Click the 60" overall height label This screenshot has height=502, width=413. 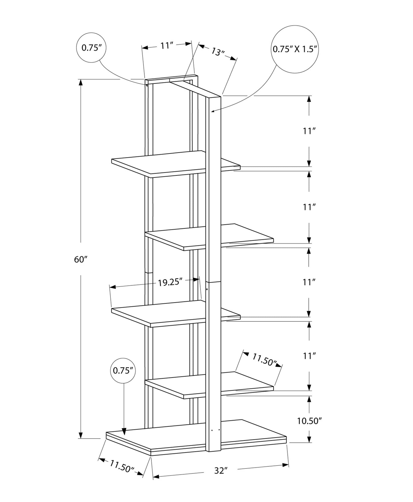point(80,260)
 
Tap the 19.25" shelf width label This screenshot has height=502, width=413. point(170,282)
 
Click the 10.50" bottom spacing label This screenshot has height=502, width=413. point(309,421)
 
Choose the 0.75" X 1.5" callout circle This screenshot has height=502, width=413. point(295,49)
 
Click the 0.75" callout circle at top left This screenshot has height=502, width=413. point(91,48)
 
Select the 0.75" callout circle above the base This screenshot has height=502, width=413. point(123,371)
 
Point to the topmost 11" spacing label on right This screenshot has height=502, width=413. point(309,131)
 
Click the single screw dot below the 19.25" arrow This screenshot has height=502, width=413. point(207,290)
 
